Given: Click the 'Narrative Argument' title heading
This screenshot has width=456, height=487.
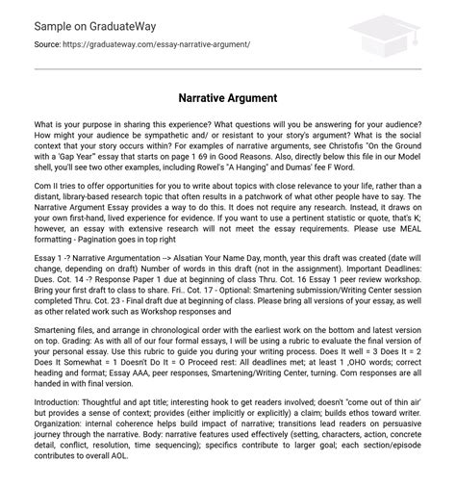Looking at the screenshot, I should point(228,97).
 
